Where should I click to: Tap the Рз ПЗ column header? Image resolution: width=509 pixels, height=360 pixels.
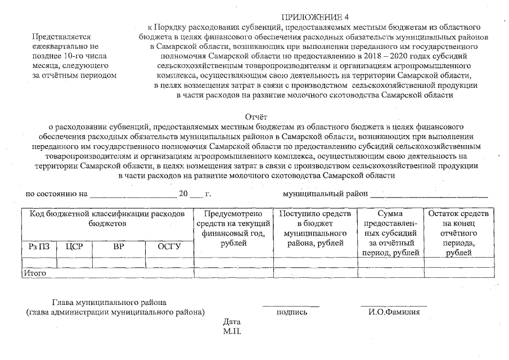tap(39, 246)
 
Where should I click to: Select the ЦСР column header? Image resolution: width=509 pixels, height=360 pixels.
tap(75, 246)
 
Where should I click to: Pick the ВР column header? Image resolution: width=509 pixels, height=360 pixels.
tap(118, 246)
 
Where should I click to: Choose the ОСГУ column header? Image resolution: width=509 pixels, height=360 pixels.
tap(169, 246)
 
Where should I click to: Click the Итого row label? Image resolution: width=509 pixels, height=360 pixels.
tap(34, 273)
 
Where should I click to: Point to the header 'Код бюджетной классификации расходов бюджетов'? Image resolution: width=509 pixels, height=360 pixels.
tap(107, 219)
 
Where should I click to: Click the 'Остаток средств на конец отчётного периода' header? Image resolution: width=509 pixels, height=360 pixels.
tap(459, 233)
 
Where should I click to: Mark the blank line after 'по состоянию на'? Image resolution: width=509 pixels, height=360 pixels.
tap(133, 195)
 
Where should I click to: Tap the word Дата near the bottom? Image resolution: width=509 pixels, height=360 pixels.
tap(232, 321)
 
